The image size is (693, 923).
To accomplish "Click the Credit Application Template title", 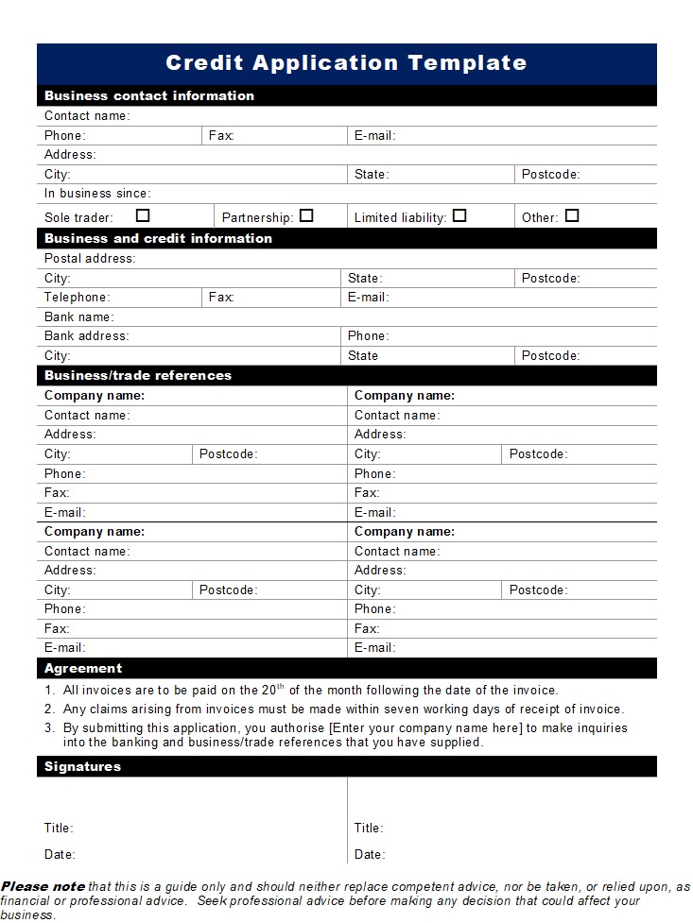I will (x=346, y=63).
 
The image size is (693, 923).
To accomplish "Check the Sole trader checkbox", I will (x=143, y=215).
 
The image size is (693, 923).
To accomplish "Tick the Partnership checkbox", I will (x=306, y=215).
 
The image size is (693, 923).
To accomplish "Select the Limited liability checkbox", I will (x=459, y=215).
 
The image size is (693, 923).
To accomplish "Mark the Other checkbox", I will (x=572, y=215).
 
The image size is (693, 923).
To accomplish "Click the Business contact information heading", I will (x=149, y=95).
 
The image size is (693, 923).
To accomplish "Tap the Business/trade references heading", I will (x=138, y=375).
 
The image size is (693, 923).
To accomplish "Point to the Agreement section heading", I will (x=83, y=668).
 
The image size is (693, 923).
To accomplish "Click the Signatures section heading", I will (x=82, y=766).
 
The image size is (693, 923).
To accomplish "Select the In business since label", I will (x=96, y=194).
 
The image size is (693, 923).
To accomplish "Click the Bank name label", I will (x=78, y=316).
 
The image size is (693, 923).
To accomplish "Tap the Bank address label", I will (x=86, y=335).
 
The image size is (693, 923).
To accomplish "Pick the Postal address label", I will (x=90, y=258).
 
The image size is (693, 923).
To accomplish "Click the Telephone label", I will (x=77, y=297).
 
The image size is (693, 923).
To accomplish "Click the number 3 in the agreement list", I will (x=48, y=727).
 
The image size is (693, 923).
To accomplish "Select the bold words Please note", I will (x=43, y=886).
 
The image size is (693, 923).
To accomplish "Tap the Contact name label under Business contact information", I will (x=86, y=115).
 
